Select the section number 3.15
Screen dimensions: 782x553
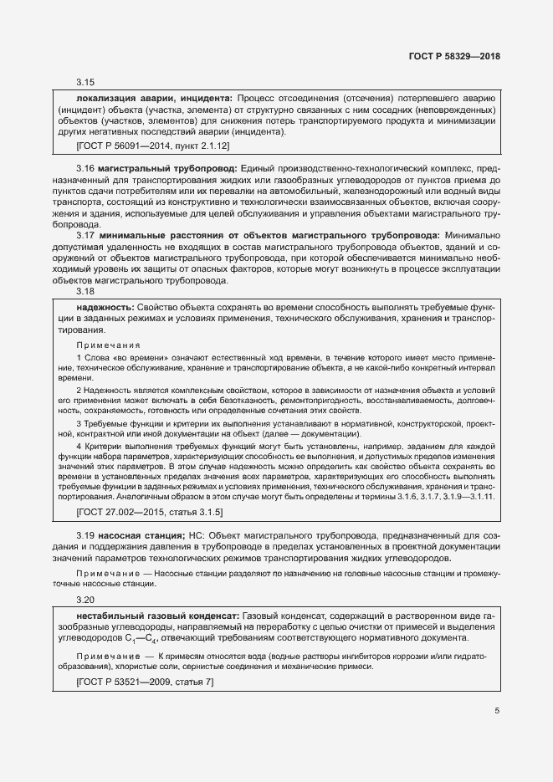[85, 82]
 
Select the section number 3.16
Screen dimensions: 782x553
[85, 169]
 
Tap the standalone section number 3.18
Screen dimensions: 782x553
[85, 292]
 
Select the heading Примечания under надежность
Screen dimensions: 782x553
[108, 345]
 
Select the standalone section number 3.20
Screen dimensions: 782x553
[85, 600]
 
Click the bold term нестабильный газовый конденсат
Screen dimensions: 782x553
[157, 616]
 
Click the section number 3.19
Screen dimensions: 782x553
[85, 535]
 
